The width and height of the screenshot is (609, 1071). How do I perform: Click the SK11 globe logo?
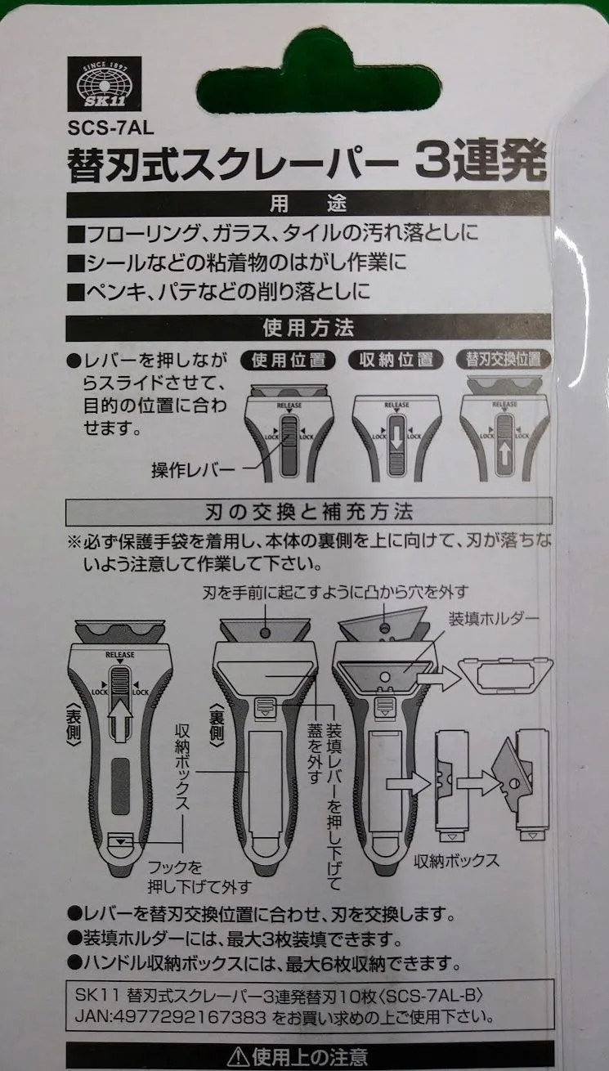click(104, 84)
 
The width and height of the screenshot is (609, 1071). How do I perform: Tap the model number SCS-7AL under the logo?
click(110, 128)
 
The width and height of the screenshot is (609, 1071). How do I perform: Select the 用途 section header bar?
click(308, 204)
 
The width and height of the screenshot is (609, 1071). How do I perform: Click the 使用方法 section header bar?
click(308, 328)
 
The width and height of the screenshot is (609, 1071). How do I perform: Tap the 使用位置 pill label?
click(289, 361)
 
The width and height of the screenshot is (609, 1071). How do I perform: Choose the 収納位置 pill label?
click(396, 360)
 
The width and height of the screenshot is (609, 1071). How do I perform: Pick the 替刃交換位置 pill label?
click(504, 359)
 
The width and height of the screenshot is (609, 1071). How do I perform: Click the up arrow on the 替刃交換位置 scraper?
click(504, 455)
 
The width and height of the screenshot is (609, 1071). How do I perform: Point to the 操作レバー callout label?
click(193, 470)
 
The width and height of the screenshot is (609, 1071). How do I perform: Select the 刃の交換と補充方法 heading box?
click(309, 512)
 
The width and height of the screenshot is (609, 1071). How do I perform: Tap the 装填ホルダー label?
click(493, 619)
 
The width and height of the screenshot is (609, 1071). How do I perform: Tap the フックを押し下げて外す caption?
click(199, 877)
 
